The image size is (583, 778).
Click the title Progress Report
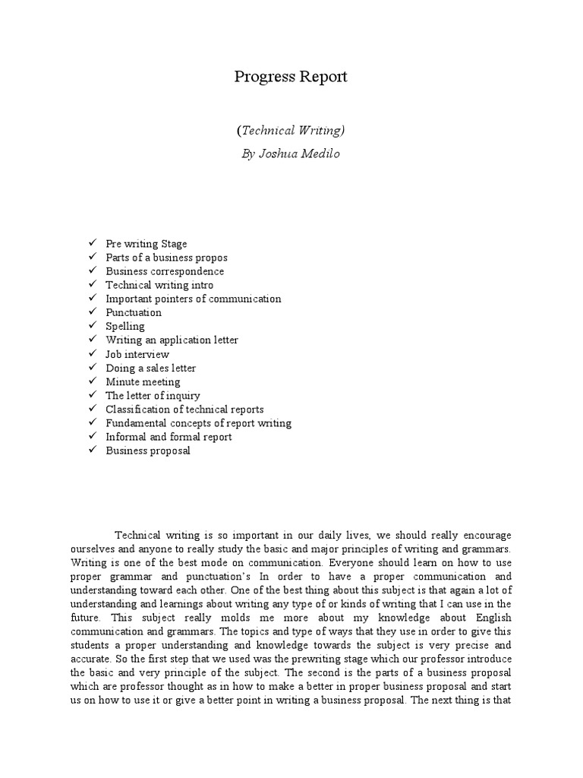pyautogui.click(x=291, y=77)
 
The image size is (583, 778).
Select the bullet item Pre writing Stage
pyautogui.click(x=146, y=244)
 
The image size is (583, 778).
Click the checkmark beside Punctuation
pyautogui.click(x=91, y=312)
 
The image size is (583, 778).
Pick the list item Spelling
pyautogui.click(x=125, y=327)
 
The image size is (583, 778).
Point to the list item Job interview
pyautogui.click(x=137, y=354)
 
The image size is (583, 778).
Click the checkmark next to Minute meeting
pyautogui.click(x=91, y=381)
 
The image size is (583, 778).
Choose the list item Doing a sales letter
pyautogui.click(x=150, y=368)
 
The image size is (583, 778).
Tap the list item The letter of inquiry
pyautogui.click(x=153, y=395)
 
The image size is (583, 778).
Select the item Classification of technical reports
pyautogui.click(x=184, y=410)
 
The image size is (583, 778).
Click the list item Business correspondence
pyautogui.click(x=165, y=271)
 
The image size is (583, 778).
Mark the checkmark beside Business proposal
pyautogui.click(x=91, y=451)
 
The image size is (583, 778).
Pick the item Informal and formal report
pyautogui.click(x=169, y=437)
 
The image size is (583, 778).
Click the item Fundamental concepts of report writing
pyautogui.click(x=198, y=423)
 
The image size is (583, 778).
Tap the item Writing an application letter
pyautogui.click(x=172, y=340)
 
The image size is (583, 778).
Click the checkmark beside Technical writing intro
pyautogui.click(x=91, y=285)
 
